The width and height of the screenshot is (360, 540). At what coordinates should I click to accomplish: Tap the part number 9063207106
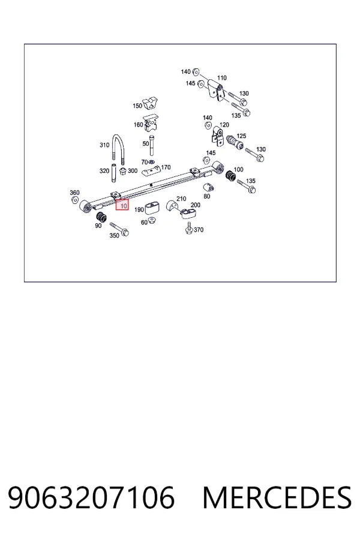[x=91, y=497]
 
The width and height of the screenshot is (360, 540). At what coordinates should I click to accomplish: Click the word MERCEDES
[x=277, y=497]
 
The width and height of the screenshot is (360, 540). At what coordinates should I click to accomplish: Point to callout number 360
[x=74, y=193]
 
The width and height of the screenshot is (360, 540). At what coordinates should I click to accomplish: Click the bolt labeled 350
[x=119, y=229]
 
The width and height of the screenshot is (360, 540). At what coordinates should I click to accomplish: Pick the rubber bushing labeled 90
[x=101, y=218]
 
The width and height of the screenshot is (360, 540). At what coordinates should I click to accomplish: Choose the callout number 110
[x=221, y=78]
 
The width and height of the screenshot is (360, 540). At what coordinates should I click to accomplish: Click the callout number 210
[x=181, y=199]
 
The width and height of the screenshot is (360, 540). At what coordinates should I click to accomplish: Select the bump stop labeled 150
[x=151, y=102]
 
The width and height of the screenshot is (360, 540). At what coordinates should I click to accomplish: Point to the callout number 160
[x=138, y=125]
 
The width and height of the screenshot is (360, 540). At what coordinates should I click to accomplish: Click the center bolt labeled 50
[x=152, y=148]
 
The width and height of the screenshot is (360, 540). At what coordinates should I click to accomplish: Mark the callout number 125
[x=241, y=136]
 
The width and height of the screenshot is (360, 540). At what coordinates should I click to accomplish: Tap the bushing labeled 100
[x=230, y=175]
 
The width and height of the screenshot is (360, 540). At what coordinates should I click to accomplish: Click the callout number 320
[x=104, y=170]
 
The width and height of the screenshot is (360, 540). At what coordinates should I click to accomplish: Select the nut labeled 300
[x=123, y=170]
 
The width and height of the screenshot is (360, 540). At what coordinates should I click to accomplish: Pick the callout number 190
[x=139, y=210]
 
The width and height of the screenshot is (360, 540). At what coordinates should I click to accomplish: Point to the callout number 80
[x=206, y=196]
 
